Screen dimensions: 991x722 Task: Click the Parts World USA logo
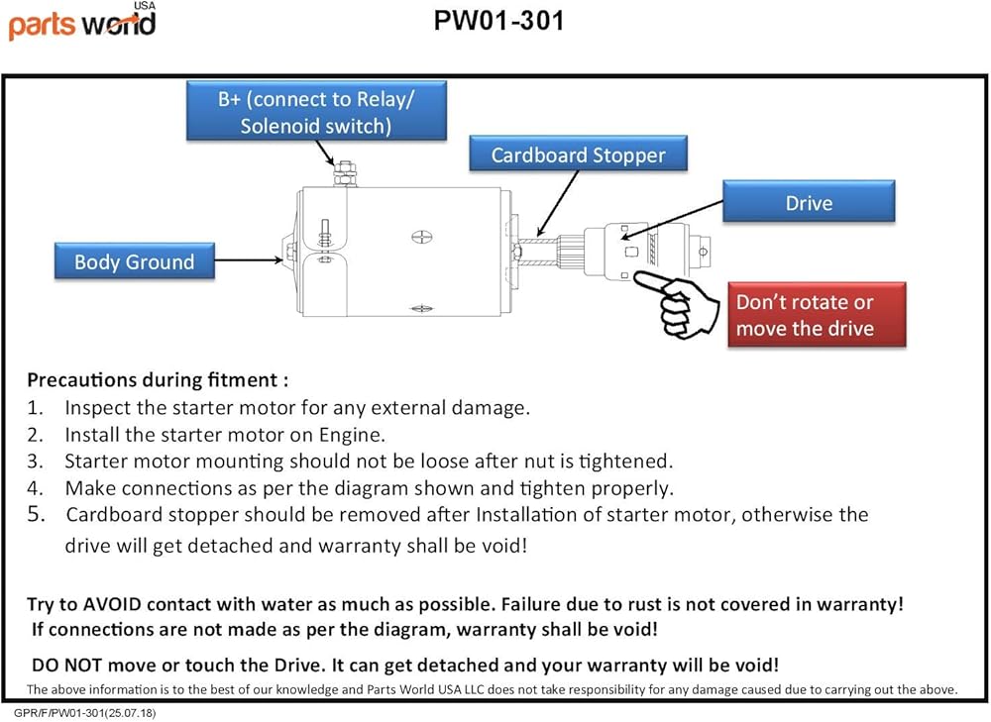81,22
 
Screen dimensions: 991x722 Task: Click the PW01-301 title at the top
498,21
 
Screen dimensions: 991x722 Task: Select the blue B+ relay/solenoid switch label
316,111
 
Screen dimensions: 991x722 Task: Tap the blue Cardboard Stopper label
579,155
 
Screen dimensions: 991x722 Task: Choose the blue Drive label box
809,202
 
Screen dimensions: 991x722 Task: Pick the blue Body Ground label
134,260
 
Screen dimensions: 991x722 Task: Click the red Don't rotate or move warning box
817,315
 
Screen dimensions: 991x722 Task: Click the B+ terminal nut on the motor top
345,173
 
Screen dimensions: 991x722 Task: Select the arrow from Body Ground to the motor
249,259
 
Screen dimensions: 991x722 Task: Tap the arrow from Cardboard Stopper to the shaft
557,203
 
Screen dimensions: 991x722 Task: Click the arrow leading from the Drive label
672,220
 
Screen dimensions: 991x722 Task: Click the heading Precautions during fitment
158,379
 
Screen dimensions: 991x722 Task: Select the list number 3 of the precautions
35,462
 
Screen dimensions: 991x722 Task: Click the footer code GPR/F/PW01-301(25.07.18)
84,713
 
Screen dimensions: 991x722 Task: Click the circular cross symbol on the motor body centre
421,237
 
